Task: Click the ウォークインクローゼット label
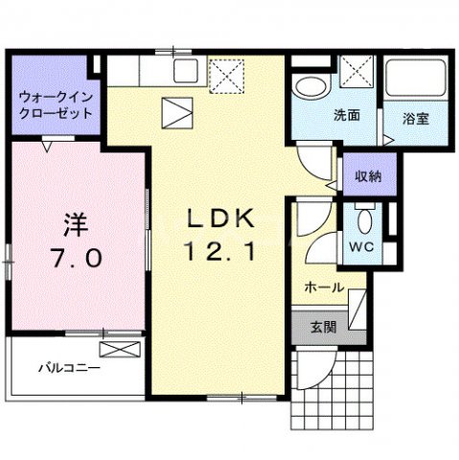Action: (54, 105)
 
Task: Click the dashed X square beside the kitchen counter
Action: (226, 74)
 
